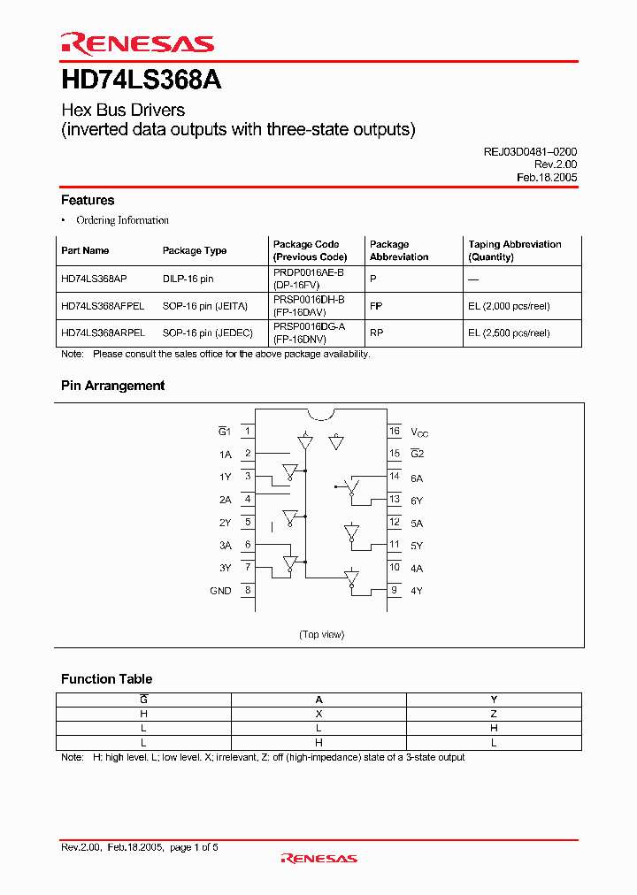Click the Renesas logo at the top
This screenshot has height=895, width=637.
click(137, 43)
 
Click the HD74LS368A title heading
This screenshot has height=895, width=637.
click(141, 80)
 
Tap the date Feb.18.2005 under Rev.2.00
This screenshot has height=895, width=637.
click(546, 177)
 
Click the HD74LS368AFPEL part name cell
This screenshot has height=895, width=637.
click(103, 306)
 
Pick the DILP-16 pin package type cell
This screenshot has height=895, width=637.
click(188, 278)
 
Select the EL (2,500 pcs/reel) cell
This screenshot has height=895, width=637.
click(509, 333)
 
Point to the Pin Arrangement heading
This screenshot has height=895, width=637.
click(112, 386)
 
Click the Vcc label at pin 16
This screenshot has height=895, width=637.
click(419, 432)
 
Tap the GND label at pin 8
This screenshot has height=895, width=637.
click(220, 591)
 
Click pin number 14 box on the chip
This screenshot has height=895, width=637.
click(395, 477)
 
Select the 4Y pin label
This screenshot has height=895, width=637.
click(417, 591)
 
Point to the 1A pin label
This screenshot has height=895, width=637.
click(225, 454)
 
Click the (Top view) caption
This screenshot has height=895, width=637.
click(321, 634)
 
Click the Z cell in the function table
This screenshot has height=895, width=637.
click(494, 714)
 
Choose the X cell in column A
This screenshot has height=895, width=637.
click(318, 714)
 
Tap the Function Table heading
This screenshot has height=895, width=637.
click(106, 679)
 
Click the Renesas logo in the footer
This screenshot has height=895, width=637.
click(318, 858)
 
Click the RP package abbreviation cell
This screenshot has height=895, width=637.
click(376, 333)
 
